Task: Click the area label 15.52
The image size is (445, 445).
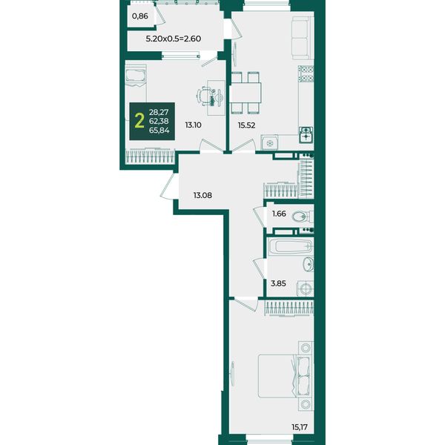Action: coord(246,125)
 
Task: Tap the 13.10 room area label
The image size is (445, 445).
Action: coord(194,125)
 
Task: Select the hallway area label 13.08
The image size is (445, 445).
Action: coord(202,195)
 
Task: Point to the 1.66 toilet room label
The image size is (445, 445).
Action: coord(279,214)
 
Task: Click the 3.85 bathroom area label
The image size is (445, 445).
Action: coord(278,283)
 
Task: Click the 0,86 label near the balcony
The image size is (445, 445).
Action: coord(140,16)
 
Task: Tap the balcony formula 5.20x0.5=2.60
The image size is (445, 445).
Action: coord(174,39)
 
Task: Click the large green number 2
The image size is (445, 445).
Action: coord(139,121)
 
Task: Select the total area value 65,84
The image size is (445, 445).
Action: coord(159,131)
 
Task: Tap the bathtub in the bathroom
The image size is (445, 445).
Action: coord(290,245)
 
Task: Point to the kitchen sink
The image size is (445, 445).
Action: coord(306,134)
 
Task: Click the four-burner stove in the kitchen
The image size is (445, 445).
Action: coord(306,73)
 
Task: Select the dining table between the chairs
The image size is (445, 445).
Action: coord(245,93)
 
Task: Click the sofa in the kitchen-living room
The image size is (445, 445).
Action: coord(303,38)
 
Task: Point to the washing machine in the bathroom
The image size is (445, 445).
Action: coord(305,289)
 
